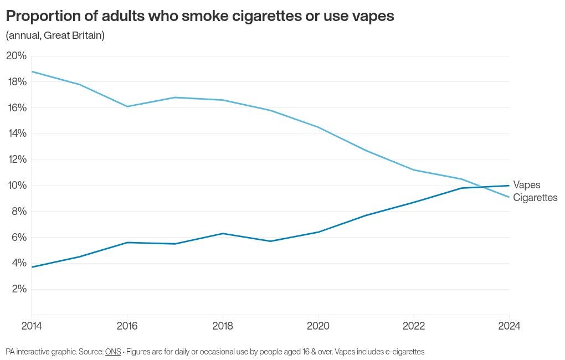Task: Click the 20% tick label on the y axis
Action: (16, 56)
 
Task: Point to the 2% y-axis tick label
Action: (16, 289)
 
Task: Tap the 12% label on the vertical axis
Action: (16, 160)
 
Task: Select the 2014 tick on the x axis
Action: (32, 326)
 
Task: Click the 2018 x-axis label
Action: (223, 326)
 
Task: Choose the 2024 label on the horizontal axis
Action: (509, 326)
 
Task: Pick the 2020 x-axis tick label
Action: (318, 326)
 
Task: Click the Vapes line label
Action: (526, 185)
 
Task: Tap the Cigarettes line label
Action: (535, 198)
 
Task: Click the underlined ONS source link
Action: (113, 352)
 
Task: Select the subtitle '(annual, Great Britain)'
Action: (55, 35)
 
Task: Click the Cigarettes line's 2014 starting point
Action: (32, 71)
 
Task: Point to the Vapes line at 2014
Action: (32, 267)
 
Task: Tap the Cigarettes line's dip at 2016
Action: (127, 106)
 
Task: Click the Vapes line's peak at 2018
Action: (223, 233)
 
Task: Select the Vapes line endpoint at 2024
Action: (509, 186)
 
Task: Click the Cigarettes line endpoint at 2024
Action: (509, 197)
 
